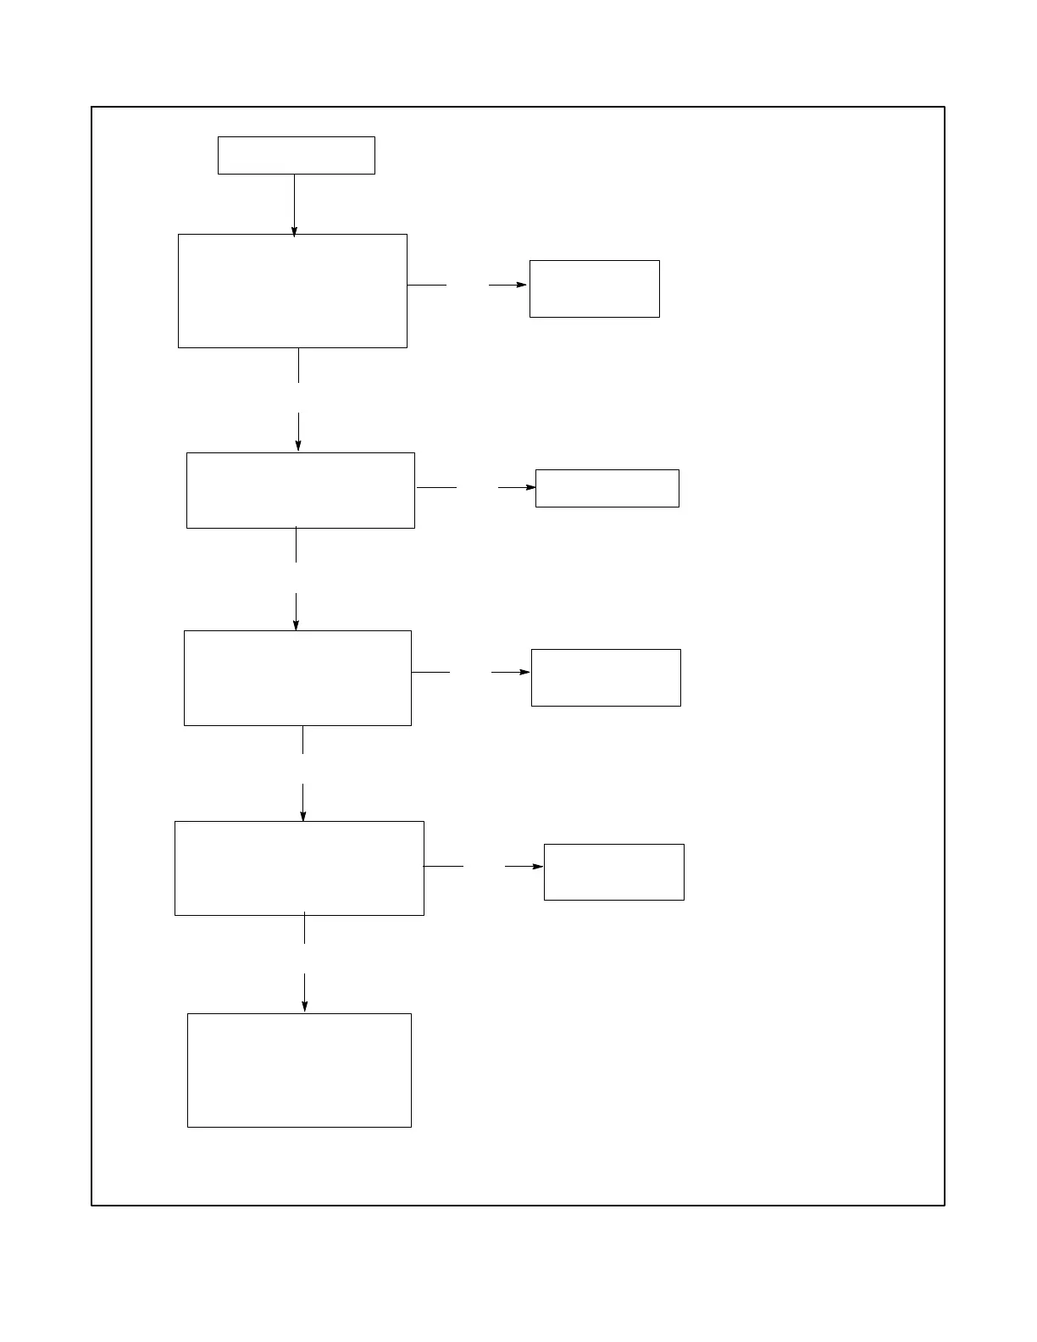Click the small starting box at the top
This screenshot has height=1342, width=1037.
click(x=296, y=155)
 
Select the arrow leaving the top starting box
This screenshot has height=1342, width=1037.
click(x=294, y=203)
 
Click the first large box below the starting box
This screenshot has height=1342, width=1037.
click(x=292, y=291)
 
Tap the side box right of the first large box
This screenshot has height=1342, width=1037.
click(x=594, y=289)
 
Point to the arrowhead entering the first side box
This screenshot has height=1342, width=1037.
click(x=521, y=285)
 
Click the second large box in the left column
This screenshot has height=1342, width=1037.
click(x=300, y=490)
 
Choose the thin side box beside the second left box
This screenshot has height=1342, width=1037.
click(x=607, y=488)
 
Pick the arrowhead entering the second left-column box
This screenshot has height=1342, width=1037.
click(x=298, y=445)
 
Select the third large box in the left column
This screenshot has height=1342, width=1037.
click(x=297, y=678)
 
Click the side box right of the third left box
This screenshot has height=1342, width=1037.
click(x=606, y=678)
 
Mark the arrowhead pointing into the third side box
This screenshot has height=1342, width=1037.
click(x=524, y=672)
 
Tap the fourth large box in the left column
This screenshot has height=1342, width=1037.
click(x=299, y=868)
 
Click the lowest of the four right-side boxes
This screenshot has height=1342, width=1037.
click(x=613, y=872)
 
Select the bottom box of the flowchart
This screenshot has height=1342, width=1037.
click(x=299, y=1070)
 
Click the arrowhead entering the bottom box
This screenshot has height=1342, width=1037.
click(x=304, y=1006)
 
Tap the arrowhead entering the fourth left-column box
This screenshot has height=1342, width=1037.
click(x=302, y=815)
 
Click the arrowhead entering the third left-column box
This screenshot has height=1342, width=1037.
click(x=296, y=624)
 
